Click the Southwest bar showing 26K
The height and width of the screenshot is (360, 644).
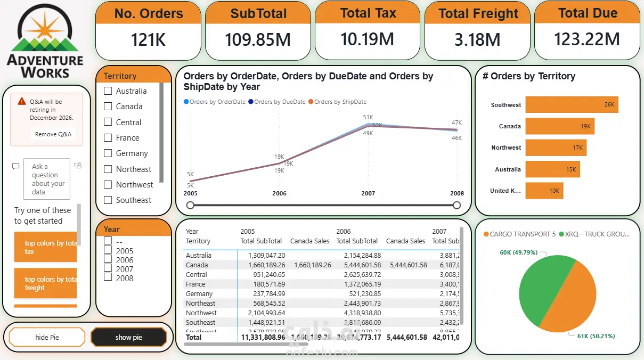pyautogui.click(x=571, y=105)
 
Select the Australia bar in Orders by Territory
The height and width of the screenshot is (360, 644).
pyautogui.click(x=552, y=169)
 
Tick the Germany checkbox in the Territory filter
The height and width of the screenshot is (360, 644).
pyautogui.click(x=108, y=153)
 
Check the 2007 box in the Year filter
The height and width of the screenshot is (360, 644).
pyautogui.click(x=108, y=269)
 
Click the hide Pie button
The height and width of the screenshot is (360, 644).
pyautogui.click(x=47, y=337)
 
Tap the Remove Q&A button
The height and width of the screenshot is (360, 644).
pyautogui.click(x=53, y=134)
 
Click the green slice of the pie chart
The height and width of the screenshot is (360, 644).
pyautogui.click(x=538, y=288)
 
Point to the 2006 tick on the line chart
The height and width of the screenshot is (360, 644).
pyautogui.click(x=279, y=193)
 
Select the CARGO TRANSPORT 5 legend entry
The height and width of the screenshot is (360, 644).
pyautogui.click(x=519, y=234)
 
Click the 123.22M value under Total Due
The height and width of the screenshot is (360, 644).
pyautogui.click(x=587, y=39)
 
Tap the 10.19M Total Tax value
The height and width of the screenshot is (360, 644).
pyautogui.click(x=368, y=39)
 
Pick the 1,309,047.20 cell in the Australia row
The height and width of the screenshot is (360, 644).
pyautogui.click(x=266, y=256)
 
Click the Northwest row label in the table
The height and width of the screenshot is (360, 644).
pyautogui.click(x=201, y=313)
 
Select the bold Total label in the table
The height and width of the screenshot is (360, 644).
pyautogui.click(x=194, y=337)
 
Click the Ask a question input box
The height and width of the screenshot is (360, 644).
pyautogui.click(x=47, y=179)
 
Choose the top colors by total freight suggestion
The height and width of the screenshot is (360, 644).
pyautogui.click(x=46, y=283)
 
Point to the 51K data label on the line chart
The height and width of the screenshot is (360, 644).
pyautogui.click(x=368, y=117)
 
